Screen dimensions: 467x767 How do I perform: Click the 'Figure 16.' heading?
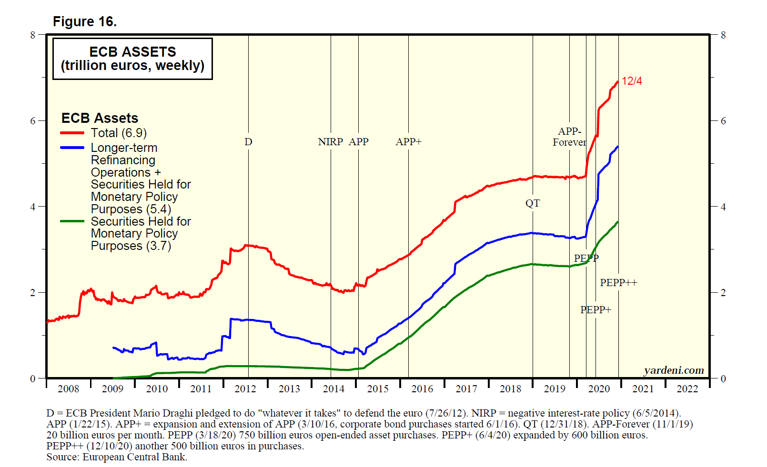pyautogui.click(x=84, y=22)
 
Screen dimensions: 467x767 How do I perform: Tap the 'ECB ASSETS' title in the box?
pyautogui.click(x=132, y=51)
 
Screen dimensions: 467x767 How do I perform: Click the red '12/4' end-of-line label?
pyautogui.click(x=632, y=81)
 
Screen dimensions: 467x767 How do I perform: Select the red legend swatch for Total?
pyautogui.click(x=72, y=133)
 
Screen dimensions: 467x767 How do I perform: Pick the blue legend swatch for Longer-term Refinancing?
pyautogui.click(x=72, y=148)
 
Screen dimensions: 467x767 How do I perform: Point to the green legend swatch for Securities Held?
pyautogui.click(x=72, y=221)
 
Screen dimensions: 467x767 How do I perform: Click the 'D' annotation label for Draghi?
pyautogui.click(x=248, y=142)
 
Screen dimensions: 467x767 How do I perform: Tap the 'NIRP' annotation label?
pyautogui.click(x=331, y=142)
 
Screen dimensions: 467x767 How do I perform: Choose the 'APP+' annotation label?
pyautogui.click(x=408, y=142)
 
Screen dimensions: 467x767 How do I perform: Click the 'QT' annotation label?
pyautogui.click(x=533, y=204)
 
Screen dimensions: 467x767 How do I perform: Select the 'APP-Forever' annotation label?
pyautogui.click(x=569, y=137)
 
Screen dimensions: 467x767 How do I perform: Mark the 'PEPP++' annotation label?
pyautogui.click(x=618, y=283)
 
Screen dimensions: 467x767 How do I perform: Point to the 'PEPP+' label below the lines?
pyautogui.click(x=595, y=310)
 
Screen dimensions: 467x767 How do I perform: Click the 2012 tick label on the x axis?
pyautogui.click(x=245, y=389)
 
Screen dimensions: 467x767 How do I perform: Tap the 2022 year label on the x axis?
pyautogui.click(x=687, y=389)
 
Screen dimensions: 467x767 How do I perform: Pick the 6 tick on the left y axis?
pyautogui.click(x=33, y=121)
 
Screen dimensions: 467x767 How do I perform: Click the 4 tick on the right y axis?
pyautogui.click(x=723, y=207)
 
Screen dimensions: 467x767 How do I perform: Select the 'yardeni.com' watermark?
pyautogui.click(x=674, y=370)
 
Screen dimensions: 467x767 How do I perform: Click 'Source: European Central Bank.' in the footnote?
pyautogui.click(x=117, y=457)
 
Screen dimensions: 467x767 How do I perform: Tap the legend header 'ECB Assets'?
pyautogui.click(x=100, y=118)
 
